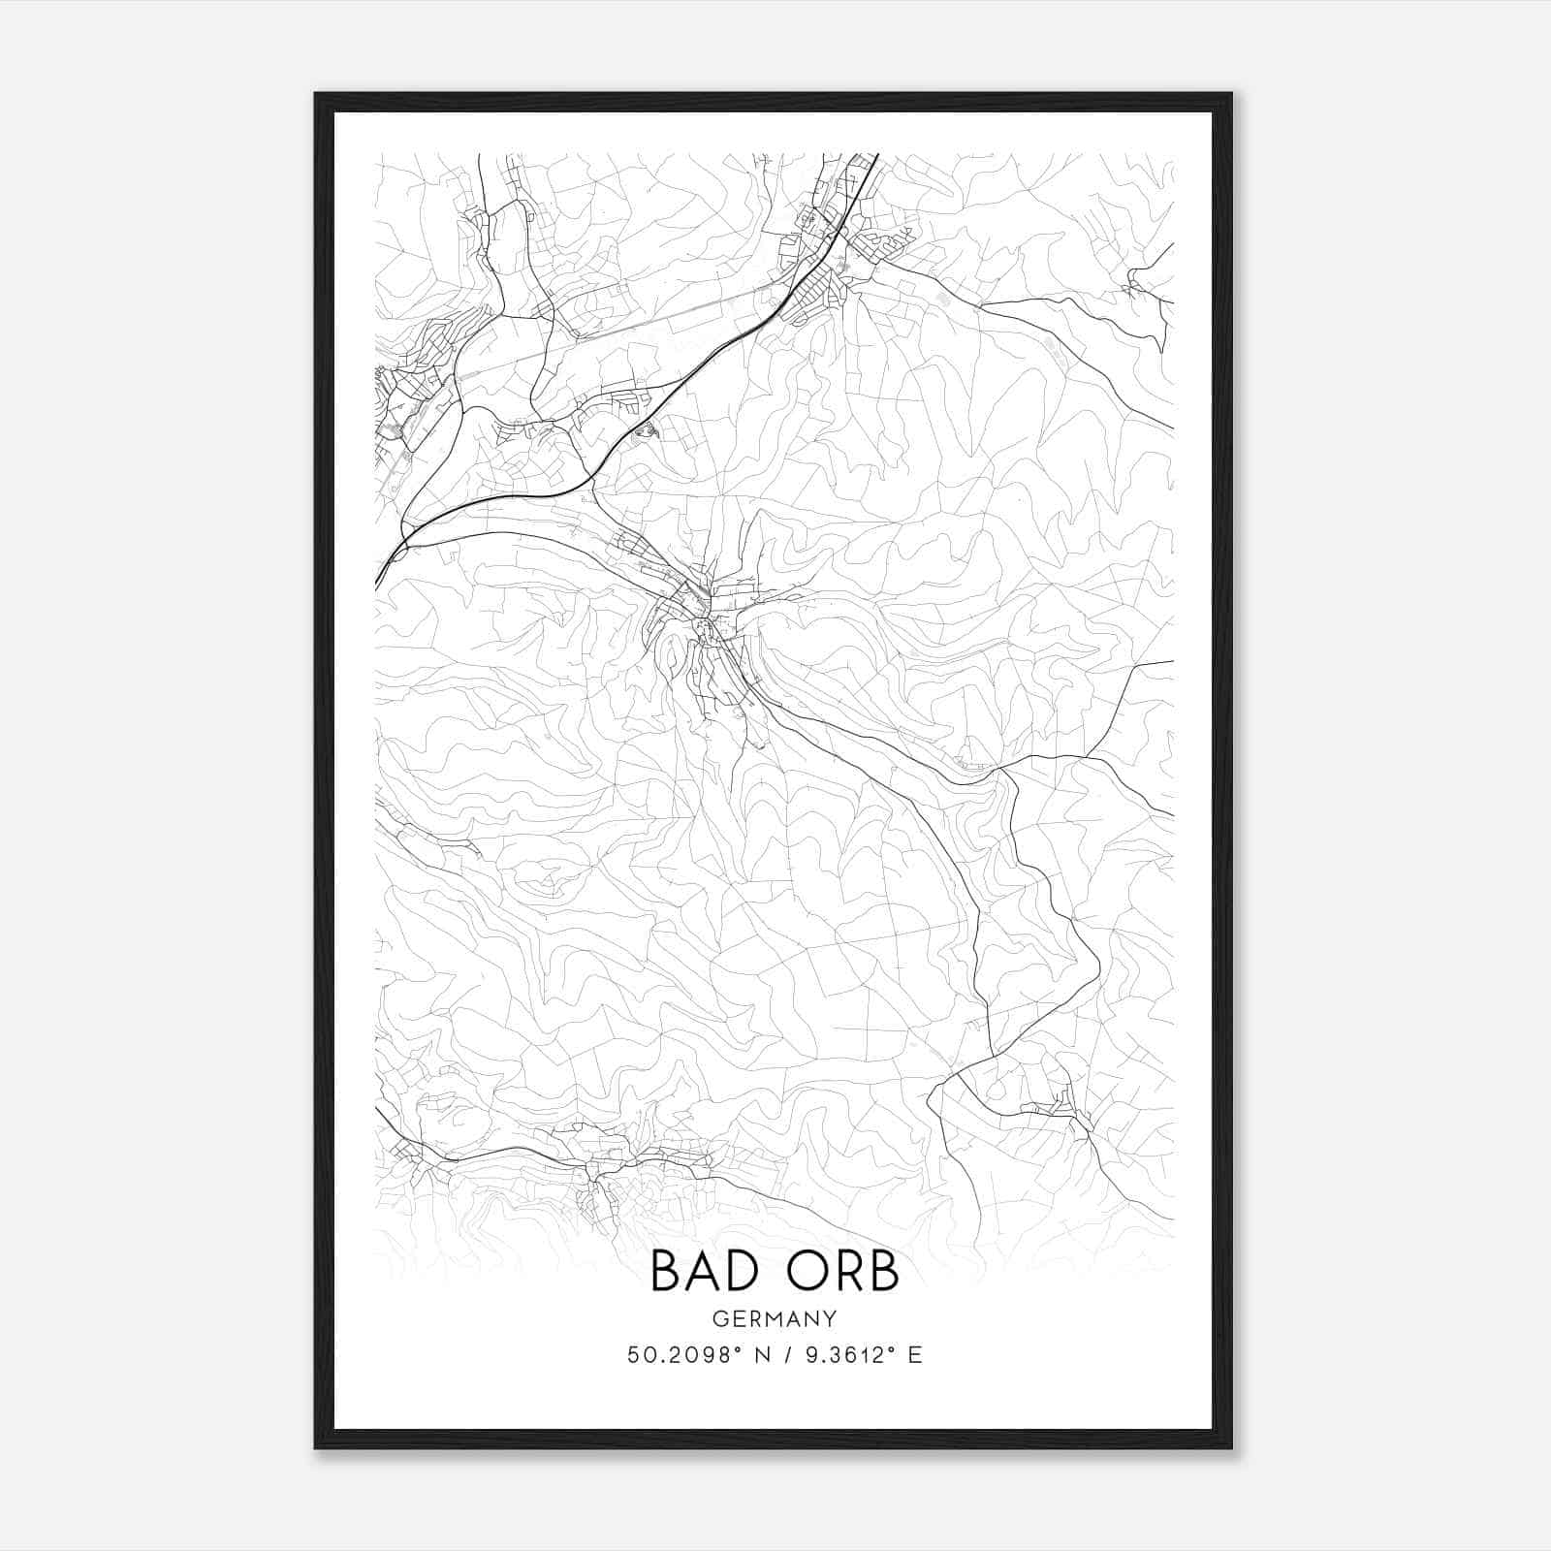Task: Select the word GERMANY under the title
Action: (x=775, y=1319)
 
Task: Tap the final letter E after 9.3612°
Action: (x=915, y=1355)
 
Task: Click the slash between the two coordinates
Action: (x=785, y=1355)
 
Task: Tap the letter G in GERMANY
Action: (x=719, y=1319)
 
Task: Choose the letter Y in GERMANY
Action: (x=831, y=1319)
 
